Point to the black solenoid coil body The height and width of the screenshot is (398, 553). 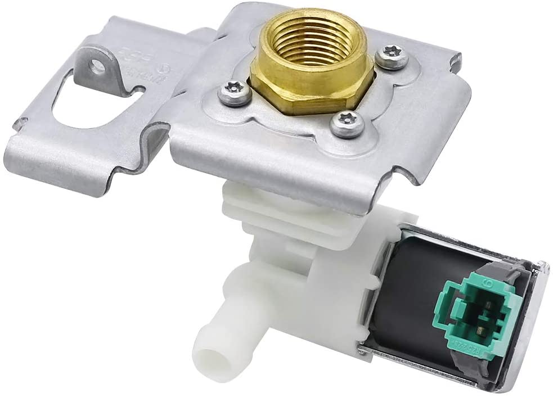tap(411, 292)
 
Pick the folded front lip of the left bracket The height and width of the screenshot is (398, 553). tap(84, 169)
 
